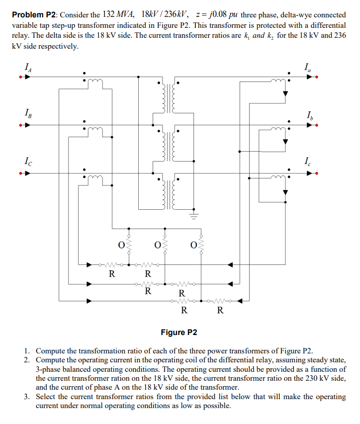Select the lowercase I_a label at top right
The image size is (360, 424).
(x=309, y=67)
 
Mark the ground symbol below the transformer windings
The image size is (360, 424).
(x=194, y=216)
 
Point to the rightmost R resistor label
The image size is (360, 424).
(x=220, y=311)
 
